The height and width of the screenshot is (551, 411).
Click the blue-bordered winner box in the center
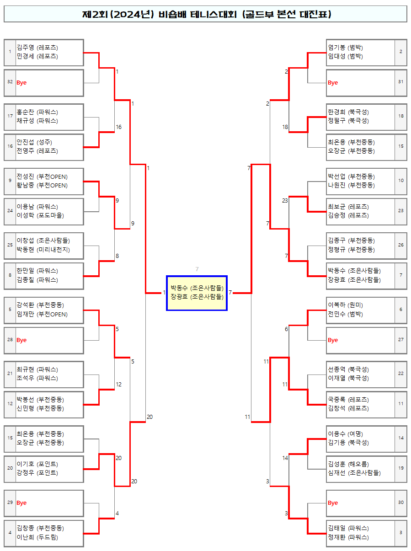tap(197, 293)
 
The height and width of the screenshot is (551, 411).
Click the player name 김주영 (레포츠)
tap(37, 47)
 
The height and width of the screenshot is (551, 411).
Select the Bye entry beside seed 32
tap(21, 83)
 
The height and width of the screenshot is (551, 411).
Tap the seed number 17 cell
tap(10, 116)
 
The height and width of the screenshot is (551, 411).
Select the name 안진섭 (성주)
tap(34, 142)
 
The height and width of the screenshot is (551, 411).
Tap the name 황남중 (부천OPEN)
tap(42, 185)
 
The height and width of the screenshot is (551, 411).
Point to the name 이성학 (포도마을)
tap(40, 215)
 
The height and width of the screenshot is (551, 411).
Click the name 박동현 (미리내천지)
tap(43, 249)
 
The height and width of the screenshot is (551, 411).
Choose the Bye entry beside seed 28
tap(21, 340)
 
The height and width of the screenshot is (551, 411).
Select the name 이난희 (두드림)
tap(37, 537)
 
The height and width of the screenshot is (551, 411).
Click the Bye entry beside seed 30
tap(333, 503)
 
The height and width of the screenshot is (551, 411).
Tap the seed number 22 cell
tap(400, 373)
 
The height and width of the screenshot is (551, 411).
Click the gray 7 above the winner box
tap(197, 269)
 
